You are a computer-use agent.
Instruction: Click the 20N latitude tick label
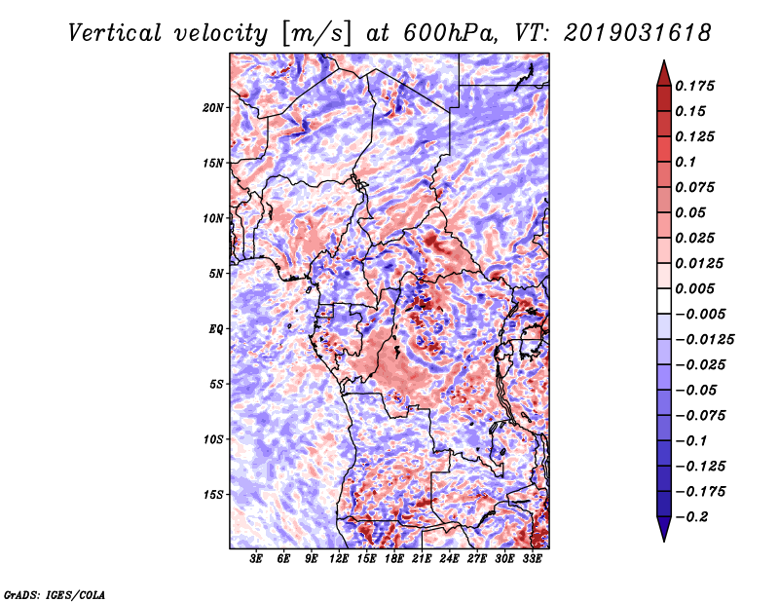point(213,108)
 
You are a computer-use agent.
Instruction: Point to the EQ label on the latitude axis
point(215,329)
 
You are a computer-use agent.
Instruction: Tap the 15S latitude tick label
point(213,495)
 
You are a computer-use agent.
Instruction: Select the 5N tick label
point(216,274)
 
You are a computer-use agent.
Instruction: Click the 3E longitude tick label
point(256,558)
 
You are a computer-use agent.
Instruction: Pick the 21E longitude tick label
point(422,558)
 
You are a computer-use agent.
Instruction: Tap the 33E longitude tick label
point(532,558)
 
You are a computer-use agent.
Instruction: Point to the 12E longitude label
point(339,558)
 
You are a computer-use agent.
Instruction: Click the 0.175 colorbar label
point(694,86)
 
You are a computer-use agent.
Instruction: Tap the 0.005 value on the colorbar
point(694,288)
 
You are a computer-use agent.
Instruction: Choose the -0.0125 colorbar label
point(704,340)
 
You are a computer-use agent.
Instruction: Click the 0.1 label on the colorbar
point(686,162)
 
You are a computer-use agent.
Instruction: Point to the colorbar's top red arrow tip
point(664,60)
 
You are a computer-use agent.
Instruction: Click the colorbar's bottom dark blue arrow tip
point(664,541)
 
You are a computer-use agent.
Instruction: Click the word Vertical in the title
point(115,33)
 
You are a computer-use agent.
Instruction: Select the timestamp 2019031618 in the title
point(638,33)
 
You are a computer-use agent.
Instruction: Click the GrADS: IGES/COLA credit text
point(55,594)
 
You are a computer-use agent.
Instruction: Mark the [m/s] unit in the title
point(316,34)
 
